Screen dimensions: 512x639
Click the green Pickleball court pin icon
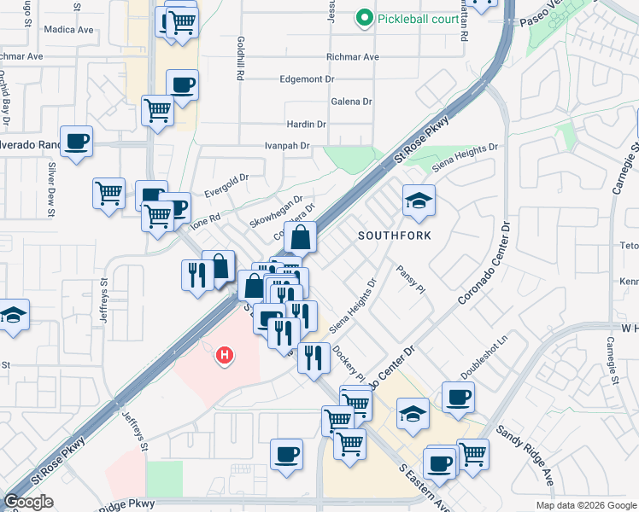pyautogui.click(x=365, y=17)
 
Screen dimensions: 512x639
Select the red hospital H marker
pyautogui.click(x=225, y=354)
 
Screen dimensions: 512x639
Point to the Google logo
pyautogui.click(x=28, y=502)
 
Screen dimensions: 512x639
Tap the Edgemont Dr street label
pyautogui.click(x=306, y=79)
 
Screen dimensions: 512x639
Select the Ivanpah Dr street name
pyautogui.click(x=286, y=146)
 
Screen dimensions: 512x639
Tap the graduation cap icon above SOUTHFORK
pyautogui.click(x=418, y=201)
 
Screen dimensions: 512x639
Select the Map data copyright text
pyautogui.click(x=585, y=505)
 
